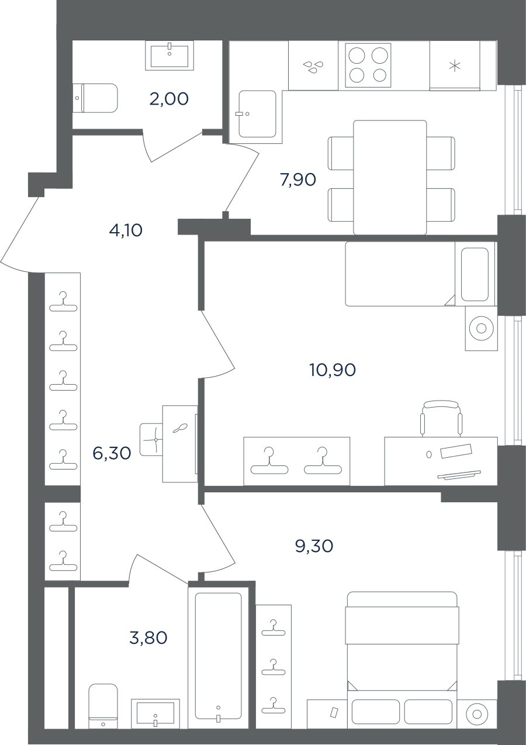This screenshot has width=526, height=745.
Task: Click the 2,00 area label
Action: point(169,99)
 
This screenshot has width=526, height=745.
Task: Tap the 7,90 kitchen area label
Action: point(297,180)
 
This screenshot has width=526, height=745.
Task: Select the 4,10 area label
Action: point(126,230)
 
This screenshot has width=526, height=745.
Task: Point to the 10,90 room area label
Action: point(333,370)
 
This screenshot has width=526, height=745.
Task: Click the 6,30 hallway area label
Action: point(112,453)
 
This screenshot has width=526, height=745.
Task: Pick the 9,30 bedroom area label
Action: point(314,546)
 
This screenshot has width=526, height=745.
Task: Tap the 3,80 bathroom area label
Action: point(148,638)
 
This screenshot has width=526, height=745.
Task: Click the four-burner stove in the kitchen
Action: point(368,65)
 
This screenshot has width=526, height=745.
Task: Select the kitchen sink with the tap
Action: point(257,114)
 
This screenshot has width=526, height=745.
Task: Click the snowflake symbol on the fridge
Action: point(455,66)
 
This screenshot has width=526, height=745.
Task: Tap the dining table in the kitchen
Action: point(390,178)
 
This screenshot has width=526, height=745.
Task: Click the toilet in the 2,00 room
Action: point(95,98)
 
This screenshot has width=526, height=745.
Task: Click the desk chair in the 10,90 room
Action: point(441,418)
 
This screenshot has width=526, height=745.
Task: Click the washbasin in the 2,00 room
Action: point(169,55)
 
